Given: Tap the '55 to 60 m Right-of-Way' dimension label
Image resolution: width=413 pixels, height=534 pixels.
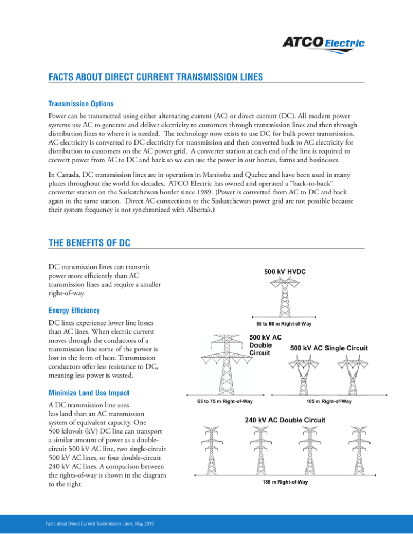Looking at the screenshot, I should point(284,324).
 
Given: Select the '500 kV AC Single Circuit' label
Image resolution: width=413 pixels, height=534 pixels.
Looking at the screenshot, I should point(329,348).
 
